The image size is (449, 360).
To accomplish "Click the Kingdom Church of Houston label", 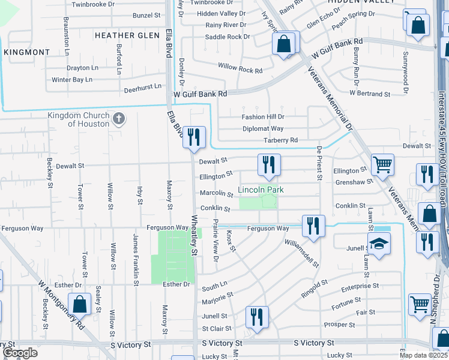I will point(79,119).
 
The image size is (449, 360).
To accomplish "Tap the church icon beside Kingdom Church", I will point(119,118).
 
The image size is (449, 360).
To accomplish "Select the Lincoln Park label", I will point(260,190).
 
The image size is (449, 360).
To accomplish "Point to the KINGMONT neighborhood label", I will point(27,52).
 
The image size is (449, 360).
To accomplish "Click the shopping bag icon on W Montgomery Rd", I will point(79,304).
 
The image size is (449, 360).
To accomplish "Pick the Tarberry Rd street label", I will point(281,140).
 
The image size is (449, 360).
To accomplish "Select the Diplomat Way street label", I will point(263,128).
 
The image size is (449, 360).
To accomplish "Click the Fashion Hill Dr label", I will point(263,117).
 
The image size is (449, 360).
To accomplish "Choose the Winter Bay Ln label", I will point(72,79).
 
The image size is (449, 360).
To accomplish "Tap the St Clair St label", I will point(217,329).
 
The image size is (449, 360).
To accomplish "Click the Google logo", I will point(20,353).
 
